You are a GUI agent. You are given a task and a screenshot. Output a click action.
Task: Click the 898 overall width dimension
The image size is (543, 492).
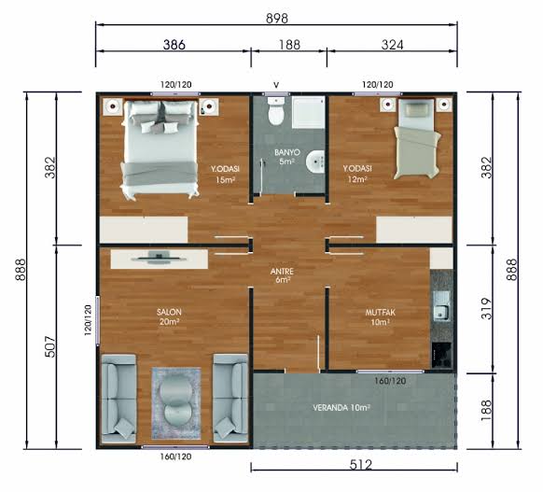tap(277, 18)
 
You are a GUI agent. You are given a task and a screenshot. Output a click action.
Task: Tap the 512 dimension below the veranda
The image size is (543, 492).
tap(361, 464)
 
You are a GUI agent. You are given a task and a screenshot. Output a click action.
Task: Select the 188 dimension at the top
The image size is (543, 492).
tap(289, 45)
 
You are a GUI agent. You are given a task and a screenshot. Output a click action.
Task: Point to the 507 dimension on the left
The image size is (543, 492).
tap(50, 346)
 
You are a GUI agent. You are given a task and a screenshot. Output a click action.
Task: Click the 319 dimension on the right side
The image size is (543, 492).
tap(486, 309)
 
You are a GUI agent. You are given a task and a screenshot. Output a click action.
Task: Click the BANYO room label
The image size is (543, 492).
tap(287, 152)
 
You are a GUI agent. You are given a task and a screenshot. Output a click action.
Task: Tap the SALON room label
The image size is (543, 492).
tap(169, 312)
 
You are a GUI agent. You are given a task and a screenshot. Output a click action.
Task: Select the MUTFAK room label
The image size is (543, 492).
tap(381, 313)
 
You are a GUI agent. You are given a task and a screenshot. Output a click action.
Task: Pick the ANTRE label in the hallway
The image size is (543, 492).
tap(282, 272)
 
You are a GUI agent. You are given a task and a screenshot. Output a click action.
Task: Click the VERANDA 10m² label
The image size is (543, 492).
tap(341, 408)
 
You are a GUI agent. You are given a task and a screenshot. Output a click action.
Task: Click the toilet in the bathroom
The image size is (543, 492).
tap(276, 111)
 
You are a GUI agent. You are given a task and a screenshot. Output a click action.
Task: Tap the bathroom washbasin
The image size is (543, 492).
tap(315, 162)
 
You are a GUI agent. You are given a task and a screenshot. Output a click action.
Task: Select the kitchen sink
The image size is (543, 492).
tap(441, 306)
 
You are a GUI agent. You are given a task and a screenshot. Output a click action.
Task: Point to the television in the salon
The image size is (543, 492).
tap(159, 258)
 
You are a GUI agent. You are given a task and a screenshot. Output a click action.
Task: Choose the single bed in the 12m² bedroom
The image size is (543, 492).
tap(417, 139)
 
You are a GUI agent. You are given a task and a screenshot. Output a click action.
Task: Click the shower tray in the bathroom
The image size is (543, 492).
tap(308, 112)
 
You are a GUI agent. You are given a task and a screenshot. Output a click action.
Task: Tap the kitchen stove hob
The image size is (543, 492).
tap(441, 355)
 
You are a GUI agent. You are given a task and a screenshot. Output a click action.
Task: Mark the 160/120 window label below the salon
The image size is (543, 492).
tap(175, 457)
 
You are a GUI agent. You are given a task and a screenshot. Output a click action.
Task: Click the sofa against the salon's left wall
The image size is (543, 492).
tap(118, 399)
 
